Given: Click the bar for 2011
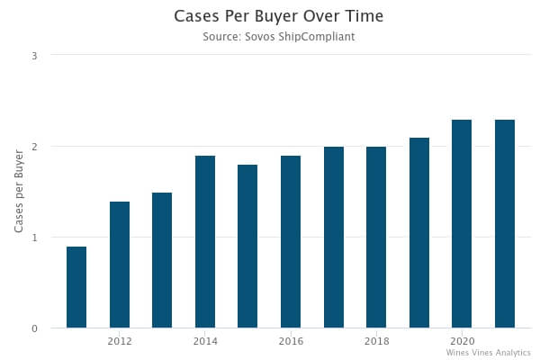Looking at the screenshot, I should [x=76, y=287].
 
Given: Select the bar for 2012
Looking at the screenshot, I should [x=120, y=265].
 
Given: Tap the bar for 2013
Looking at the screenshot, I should [x=162, y=260].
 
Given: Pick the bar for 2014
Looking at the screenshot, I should [x=205, y=242].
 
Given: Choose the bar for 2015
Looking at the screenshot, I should [x=247, y=247].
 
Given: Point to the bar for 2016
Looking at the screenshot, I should [x=291, y=242].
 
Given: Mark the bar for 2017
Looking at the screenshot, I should [x=334, y=238].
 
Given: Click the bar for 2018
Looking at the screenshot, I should [x=376, y=238].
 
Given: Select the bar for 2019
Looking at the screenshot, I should [x=419, y=233].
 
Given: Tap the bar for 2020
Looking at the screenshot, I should [x=462, y=224].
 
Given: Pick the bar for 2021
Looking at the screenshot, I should [x=505, y=224].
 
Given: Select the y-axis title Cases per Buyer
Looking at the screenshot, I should [x=19, y=192].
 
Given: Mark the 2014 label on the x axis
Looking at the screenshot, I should [x=205, y=342].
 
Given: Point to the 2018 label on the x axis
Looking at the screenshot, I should [x=376, y=342].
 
